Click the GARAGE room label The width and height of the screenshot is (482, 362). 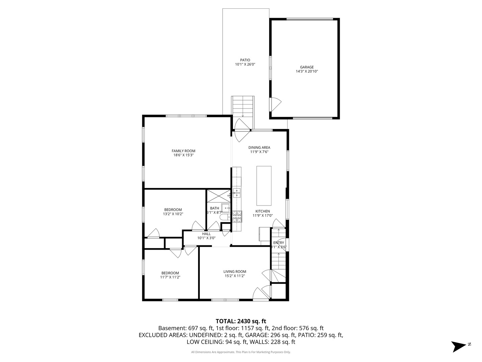tap(307, 67)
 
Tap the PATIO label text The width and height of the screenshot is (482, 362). tap(245, 60)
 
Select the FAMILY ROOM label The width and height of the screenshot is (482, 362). tap(183, 151)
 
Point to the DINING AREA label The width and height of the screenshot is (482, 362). tap(259, 147)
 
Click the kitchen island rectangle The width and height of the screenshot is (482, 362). tap(264, 185)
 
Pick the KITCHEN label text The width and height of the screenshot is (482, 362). tap(262, 211)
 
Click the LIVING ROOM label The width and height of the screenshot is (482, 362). tap(235, 271)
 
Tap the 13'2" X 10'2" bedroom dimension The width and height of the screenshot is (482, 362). tap(173, 214)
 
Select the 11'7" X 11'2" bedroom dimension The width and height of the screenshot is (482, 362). tap(170, 277)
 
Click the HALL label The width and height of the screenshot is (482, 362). tap(206, 234)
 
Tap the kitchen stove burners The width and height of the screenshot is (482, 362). tap(237, 216)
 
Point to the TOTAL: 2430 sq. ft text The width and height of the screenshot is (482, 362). tap(241, 321)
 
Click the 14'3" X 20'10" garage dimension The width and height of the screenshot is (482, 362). tap(307, 71)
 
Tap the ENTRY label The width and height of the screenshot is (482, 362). tap(278, 243)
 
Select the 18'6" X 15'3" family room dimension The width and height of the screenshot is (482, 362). tap(183, 155)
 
